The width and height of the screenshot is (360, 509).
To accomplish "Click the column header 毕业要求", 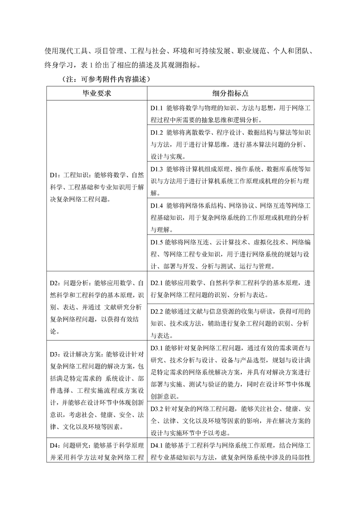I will pos(96,93).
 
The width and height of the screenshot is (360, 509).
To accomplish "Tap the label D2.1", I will pos(156,283).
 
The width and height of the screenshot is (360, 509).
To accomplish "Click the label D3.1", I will pos(156,348).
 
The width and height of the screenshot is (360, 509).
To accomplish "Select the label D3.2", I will pos(156,409).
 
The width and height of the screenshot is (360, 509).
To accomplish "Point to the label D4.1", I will pos(156,445).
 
